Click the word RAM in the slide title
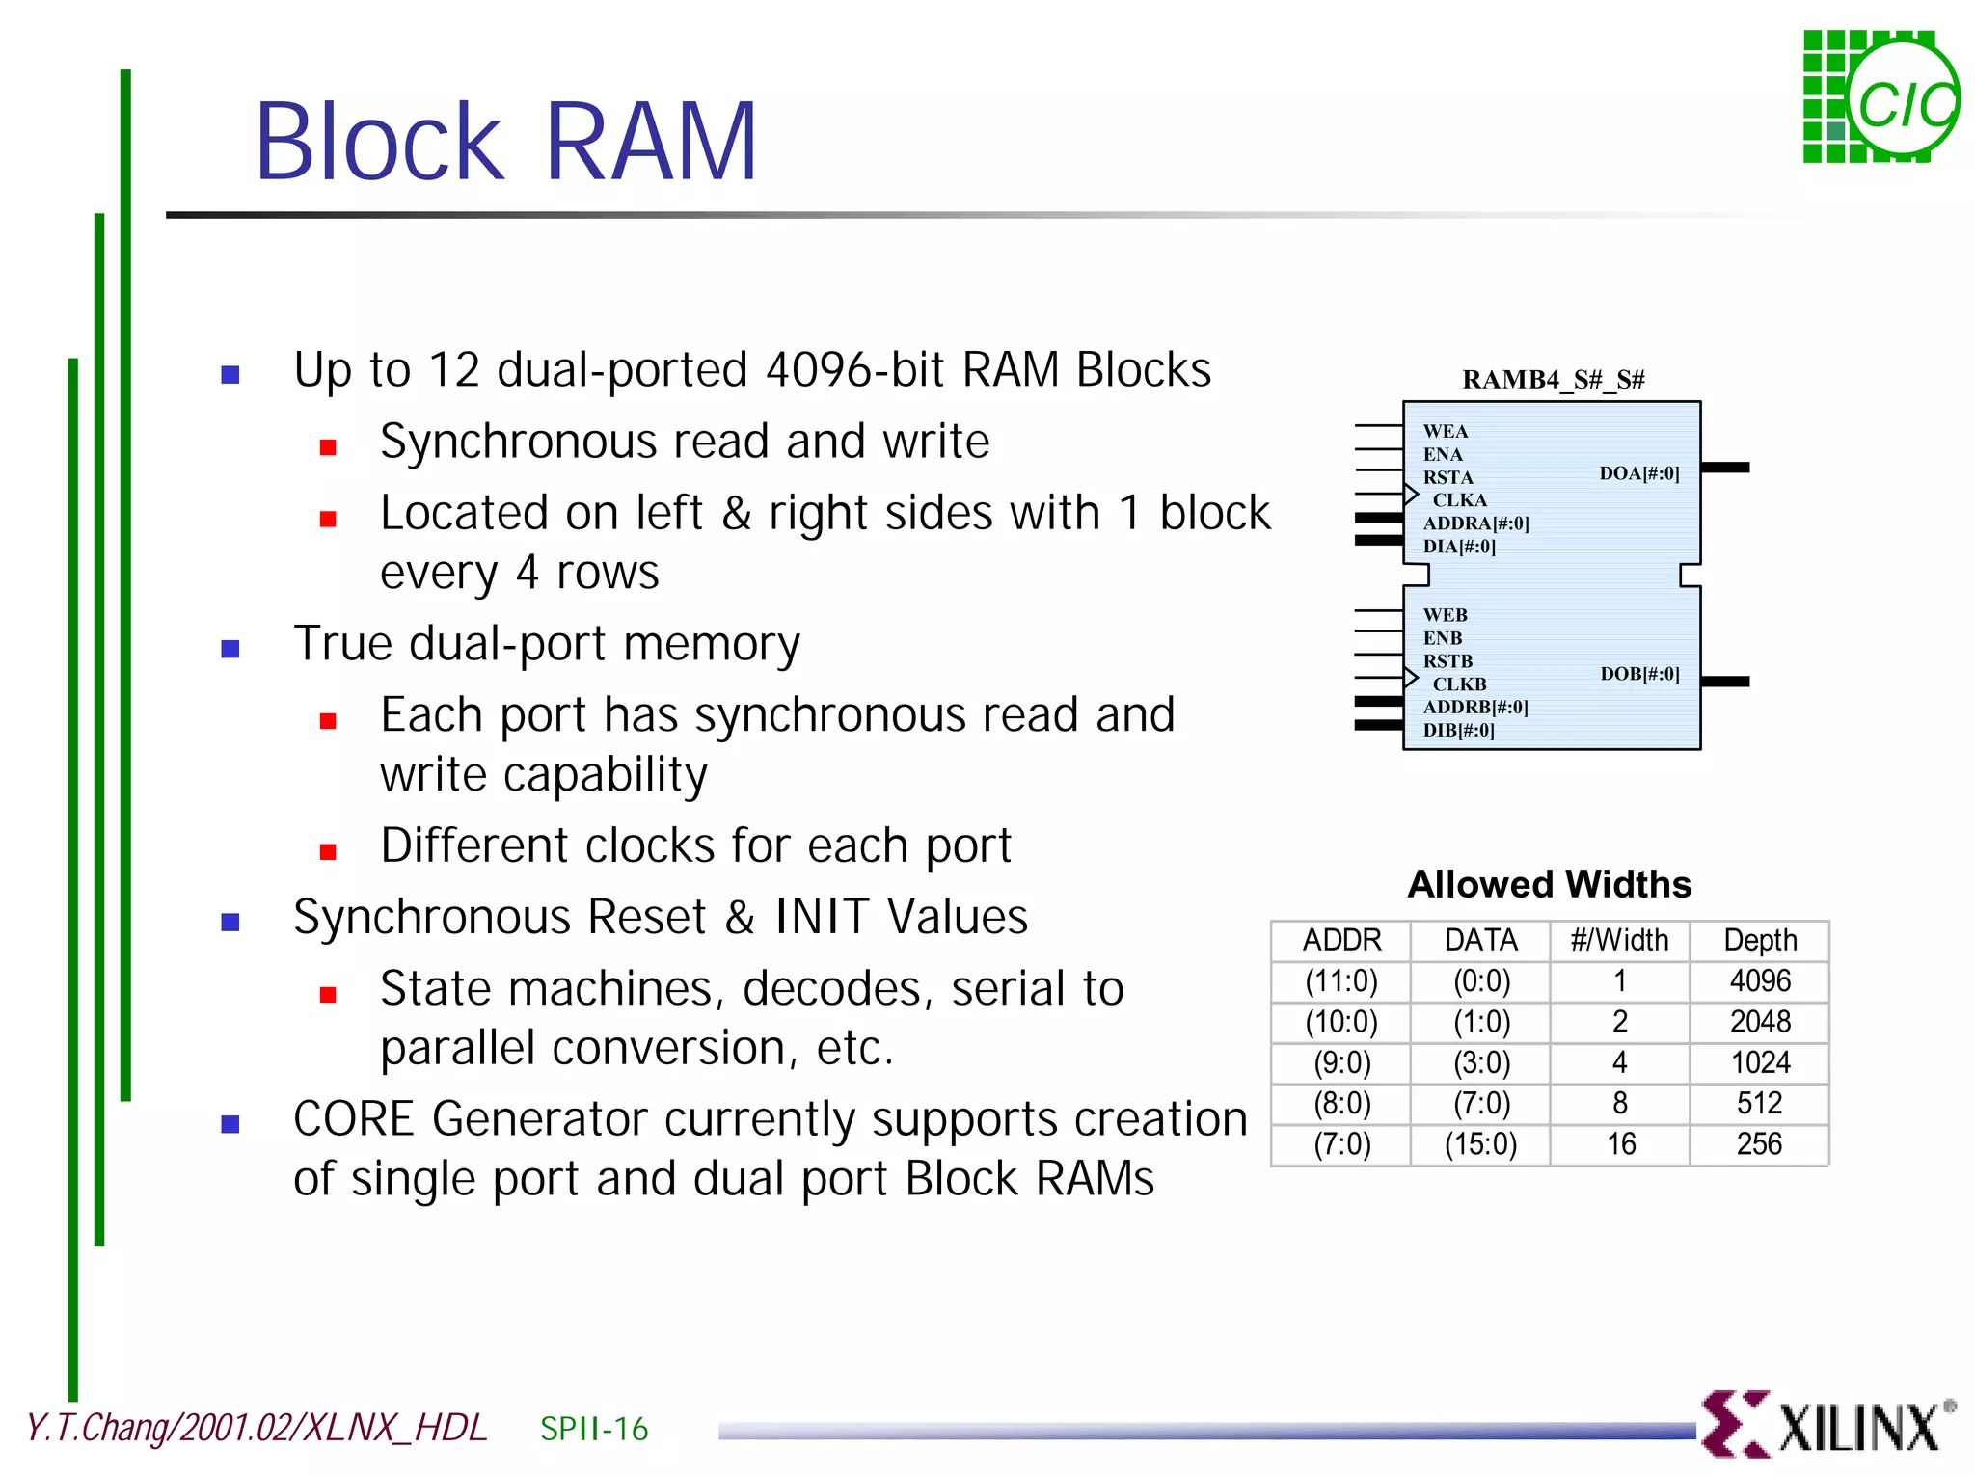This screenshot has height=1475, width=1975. (652, 143)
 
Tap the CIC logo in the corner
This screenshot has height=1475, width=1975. (1880, 97)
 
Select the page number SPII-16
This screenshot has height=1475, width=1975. (594, 1429)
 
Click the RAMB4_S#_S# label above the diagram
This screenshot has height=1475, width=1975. (1553, 380)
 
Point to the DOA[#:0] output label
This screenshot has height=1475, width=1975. (1638, 473)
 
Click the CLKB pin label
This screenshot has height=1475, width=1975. (1459, 684)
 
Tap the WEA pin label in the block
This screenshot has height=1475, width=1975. (1445, 432)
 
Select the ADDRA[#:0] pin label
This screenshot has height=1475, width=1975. (1475, 523)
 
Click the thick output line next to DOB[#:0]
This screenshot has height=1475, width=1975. (1725, 682)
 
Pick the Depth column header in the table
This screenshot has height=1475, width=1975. (1760, 940)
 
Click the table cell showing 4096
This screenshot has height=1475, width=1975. (1760, 981)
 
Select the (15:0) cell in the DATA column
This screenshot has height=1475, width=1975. (1480, 1144)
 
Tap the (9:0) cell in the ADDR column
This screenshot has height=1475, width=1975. (1341, 1062)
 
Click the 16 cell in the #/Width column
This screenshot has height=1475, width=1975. (1620, 1144)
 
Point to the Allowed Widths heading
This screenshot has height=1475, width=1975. (1549, 884)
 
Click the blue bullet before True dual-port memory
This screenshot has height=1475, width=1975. (230, 648)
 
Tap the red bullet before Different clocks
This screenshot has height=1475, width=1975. (328, 850)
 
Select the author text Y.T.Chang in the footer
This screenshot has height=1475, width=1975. (96, 1428)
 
